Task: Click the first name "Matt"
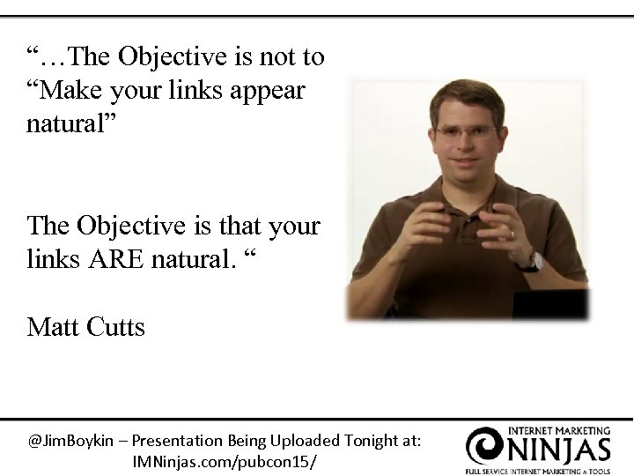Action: (54, 328)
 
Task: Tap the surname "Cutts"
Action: (116, 328)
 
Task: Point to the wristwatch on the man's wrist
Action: (531, 259)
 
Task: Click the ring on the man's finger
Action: (512, 234)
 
